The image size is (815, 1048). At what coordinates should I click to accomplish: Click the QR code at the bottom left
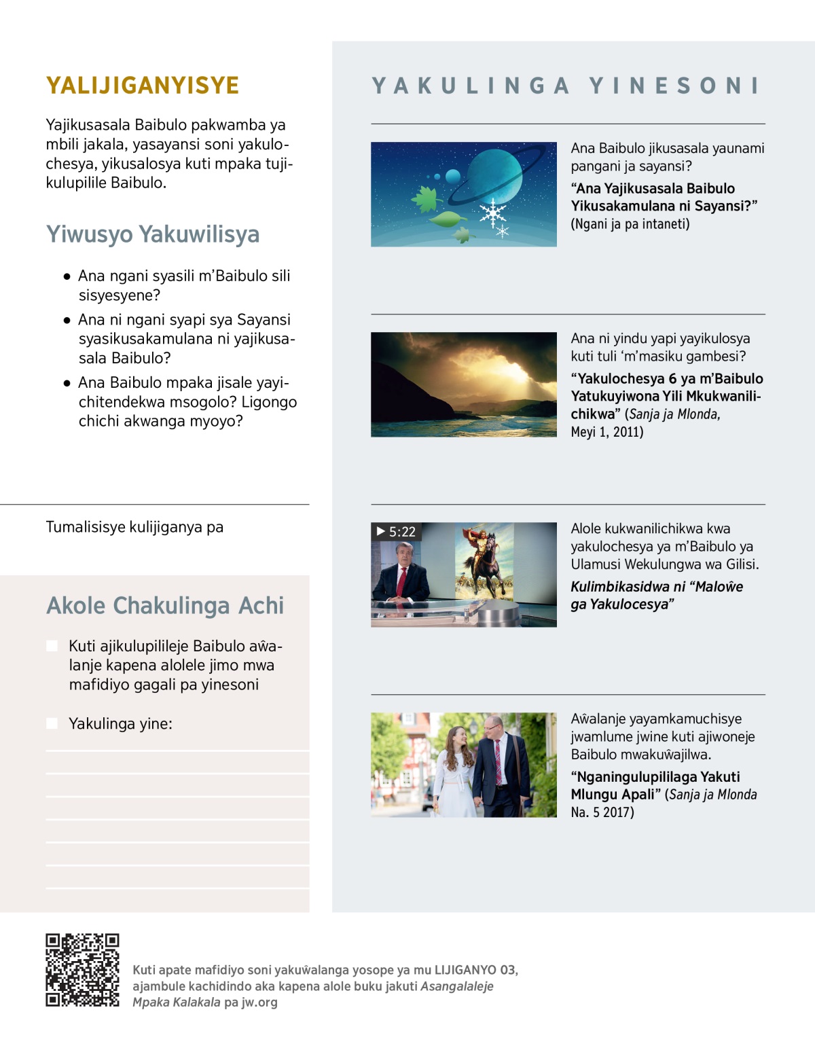click(x=82, y=970)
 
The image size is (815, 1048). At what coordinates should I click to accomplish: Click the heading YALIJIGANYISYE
click(x=143, y=86)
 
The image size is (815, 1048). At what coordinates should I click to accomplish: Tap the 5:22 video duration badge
click(x=397, y=532)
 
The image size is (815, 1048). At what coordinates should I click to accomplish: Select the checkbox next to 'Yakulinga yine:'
click(x=52, y=723)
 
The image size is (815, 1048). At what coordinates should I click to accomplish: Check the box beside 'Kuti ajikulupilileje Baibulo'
click(x=52, y=646)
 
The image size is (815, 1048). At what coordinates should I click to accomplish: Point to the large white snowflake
click(x=492, y=213)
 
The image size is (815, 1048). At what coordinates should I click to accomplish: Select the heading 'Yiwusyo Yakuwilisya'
click(x=153, y=234)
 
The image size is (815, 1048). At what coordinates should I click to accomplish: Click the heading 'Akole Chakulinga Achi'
click(x=165, y=606)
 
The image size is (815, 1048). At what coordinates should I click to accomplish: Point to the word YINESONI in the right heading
click(x=674, y=86)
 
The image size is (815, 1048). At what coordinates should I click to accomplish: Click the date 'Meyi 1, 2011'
click(x=607, y=432)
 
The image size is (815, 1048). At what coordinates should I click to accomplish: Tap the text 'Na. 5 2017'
click(x=602, y=812)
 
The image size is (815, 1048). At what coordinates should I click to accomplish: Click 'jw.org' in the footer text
click(x=259, y=1002)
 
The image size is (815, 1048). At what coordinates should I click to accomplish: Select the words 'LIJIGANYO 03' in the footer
click(x=475, y=970)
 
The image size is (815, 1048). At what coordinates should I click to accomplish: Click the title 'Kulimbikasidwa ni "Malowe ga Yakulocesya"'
click(x=656, y=595)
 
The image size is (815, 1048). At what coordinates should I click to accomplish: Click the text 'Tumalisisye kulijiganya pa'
click(x=134, y=527)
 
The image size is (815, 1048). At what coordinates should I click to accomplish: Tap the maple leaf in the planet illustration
click(x=427, y=199)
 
